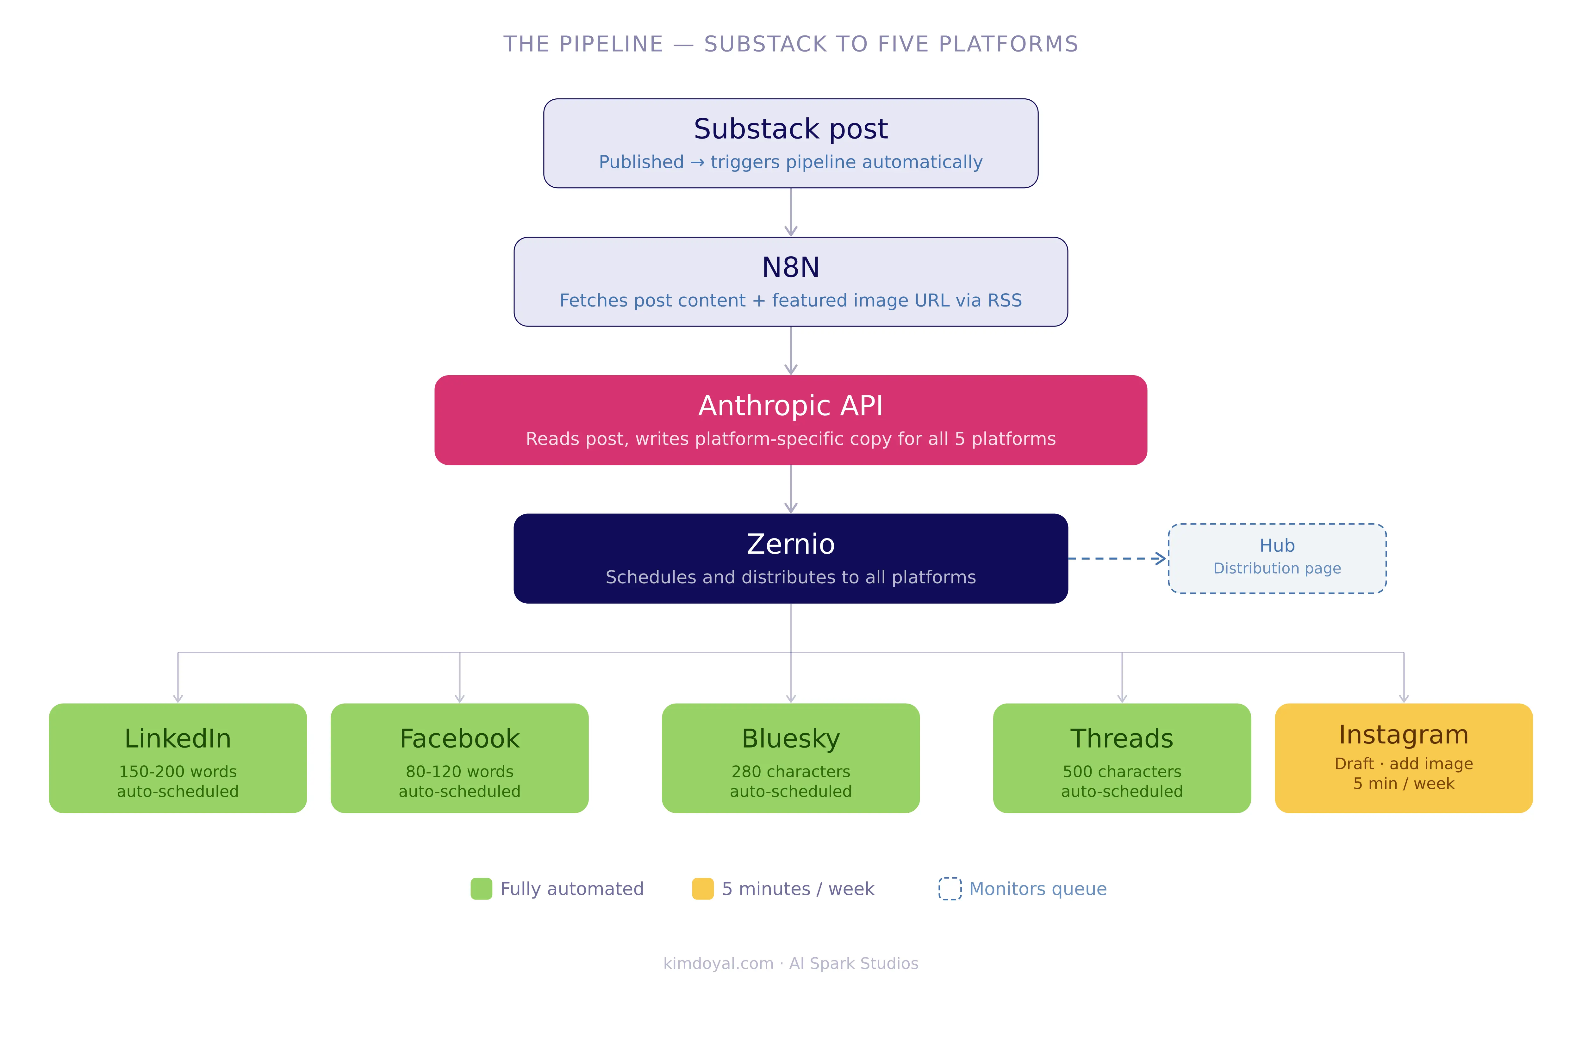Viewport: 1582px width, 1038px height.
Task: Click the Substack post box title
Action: pos(790,129)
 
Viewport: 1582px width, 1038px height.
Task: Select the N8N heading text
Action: pos(790,267)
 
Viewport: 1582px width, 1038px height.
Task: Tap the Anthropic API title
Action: pos(790,405)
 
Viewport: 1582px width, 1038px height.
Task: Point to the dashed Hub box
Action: pos(1277,558)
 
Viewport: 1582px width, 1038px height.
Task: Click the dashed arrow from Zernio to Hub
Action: pos(1117,558)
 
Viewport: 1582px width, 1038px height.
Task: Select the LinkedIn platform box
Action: pos(178,758)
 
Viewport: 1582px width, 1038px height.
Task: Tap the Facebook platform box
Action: pos(459,758)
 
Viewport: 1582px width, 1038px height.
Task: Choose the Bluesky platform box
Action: pos(790,758)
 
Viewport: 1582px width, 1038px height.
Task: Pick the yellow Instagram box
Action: pos(1403,758)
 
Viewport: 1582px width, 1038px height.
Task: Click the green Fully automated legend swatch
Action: pos(481,888)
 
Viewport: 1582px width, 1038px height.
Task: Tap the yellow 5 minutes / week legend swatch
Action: pos(703,888)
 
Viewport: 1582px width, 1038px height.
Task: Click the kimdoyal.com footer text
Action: pos(718,963)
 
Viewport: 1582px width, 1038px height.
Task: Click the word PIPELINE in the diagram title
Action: pos(611,44)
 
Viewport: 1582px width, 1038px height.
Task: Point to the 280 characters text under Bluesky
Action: pos(790,772)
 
